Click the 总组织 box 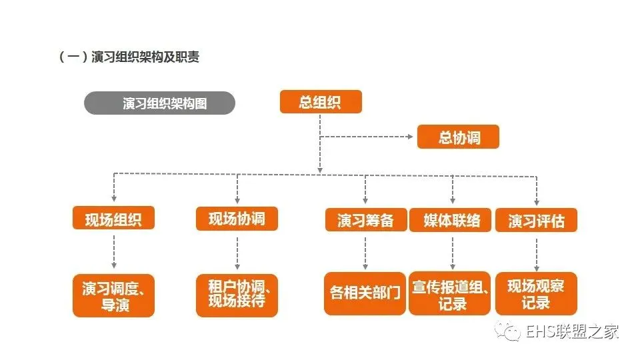[x=321, y=102]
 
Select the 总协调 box [x=458, y=137]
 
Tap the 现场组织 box [x=113, y=218]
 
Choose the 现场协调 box [x=237, y=218]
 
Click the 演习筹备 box [x=365, y=220]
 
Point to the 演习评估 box [x=536, y=220]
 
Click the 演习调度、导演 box [x=113, y=295]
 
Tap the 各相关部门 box [x=365, y=293]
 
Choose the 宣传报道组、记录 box [x=451, y=293]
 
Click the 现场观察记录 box [x=536, y=293]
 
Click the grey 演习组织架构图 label [x=159, y=103]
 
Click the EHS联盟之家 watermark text [x=573, y=331]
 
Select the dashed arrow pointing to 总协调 [x=367, y=137]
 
